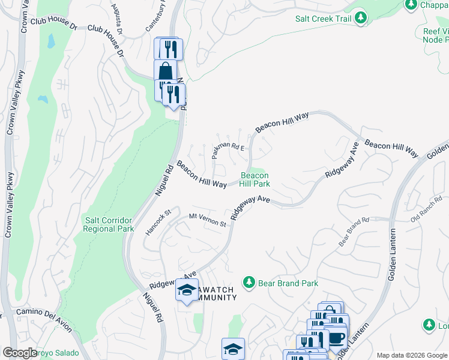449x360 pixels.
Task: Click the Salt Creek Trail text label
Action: (323, 19)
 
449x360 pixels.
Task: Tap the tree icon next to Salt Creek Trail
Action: (361, 18)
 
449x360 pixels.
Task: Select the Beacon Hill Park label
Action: (255, 179)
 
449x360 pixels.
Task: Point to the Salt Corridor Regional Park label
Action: (108, 224)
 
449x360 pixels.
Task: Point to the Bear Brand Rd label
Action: (354, 232)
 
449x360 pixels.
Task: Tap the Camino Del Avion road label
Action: (44, 319)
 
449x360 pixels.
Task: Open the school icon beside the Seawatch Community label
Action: (187, 290)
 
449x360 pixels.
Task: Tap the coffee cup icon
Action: (336, 337)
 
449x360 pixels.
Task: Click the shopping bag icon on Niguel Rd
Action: (165, 70)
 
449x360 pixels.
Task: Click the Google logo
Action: (19, 353)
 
